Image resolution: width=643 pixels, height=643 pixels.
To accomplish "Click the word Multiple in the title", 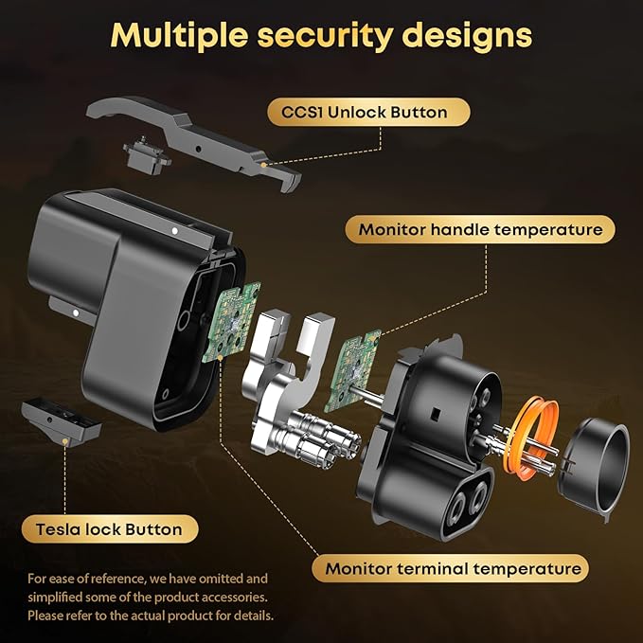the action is coord(179,36).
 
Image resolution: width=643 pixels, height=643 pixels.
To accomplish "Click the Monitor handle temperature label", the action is coord(480,229).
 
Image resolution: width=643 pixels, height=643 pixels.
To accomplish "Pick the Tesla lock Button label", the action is coord(110,529).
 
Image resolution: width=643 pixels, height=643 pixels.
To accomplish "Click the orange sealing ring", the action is coord(531,438).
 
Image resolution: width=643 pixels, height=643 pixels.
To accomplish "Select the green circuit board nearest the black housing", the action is coord(232,322).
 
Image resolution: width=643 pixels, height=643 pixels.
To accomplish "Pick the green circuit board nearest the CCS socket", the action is coord(352,370).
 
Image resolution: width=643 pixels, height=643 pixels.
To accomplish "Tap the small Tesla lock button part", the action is coord(61,422).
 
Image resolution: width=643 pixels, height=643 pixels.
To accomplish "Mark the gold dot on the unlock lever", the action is coord(263,165).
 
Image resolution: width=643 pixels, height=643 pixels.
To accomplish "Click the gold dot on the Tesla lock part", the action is coord(64,441).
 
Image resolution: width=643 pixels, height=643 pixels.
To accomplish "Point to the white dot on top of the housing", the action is coord(174,231).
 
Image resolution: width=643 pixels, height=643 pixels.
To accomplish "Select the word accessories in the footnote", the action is coord(233,597).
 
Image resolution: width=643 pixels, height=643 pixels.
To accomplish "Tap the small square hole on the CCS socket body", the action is coord(436,415).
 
